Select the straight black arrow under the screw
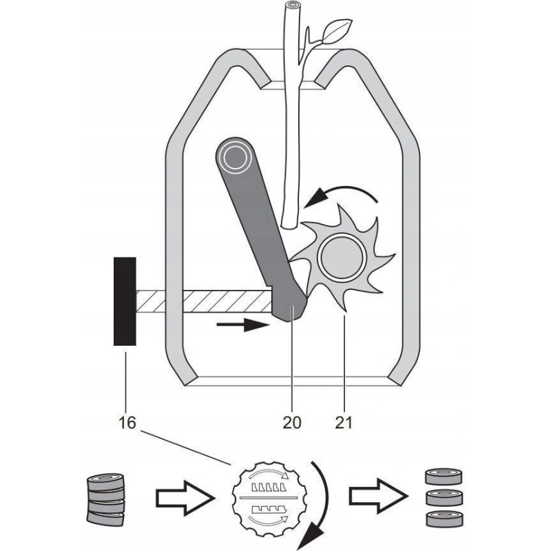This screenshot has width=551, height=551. click(241, 324)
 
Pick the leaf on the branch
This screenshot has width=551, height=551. click(331, 32)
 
